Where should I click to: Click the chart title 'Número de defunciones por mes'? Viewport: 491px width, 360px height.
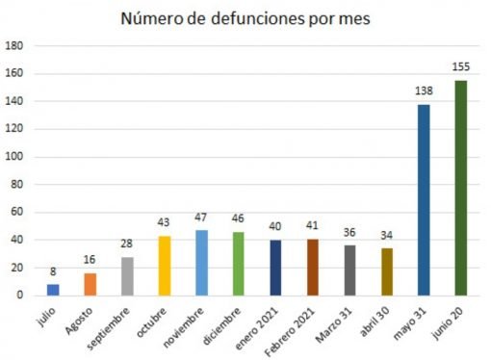[x=245, y=18]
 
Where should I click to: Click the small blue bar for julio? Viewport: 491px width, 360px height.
[x=53, y=289]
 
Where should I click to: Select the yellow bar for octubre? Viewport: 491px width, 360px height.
[x=165, y=265]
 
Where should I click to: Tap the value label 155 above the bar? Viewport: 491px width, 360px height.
[x=461, y=67]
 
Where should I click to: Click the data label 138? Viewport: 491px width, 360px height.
[x=424, y=91]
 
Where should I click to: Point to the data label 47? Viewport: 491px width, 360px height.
[x=202, y=218]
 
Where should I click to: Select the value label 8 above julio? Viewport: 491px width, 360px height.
[x=53, y=272]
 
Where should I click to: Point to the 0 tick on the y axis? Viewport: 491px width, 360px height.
[x=20, y=296]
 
